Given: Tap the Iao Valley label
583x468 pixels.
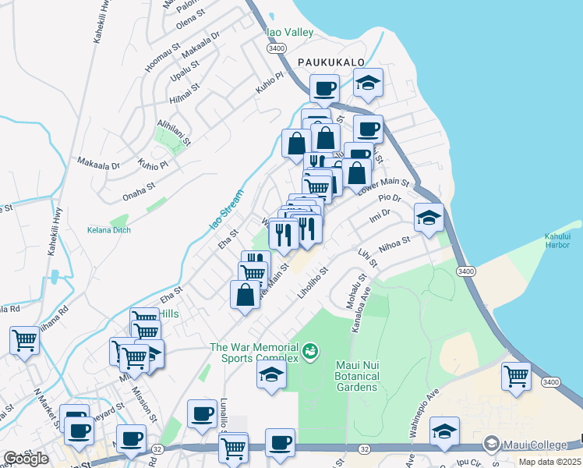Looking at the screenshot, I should pos(290,33).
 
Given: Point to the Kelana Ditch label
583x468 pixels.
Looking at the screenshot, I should pos(109,230).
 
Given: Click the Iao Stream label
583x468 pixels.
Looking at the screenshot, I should pos(225,210).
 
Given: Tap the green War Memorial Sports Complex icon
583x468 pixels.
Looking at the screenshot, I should pos(310,352).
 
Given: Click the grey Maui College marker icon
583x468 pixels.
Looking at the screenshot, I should pos(492,445).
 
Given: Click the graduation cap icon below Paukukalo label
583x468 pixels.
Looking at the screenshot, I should pos(369,83).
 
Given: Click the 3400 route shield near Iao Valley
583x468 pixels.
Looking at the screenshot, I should pos(275,48).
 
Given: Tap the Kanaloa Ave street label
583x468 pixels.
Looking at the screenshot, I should pos(355,306).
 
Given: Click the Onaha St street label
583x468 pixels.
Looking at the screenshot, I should pos(139,190).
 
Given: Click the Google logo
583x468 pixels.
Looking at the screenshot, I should pos(26,459).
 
